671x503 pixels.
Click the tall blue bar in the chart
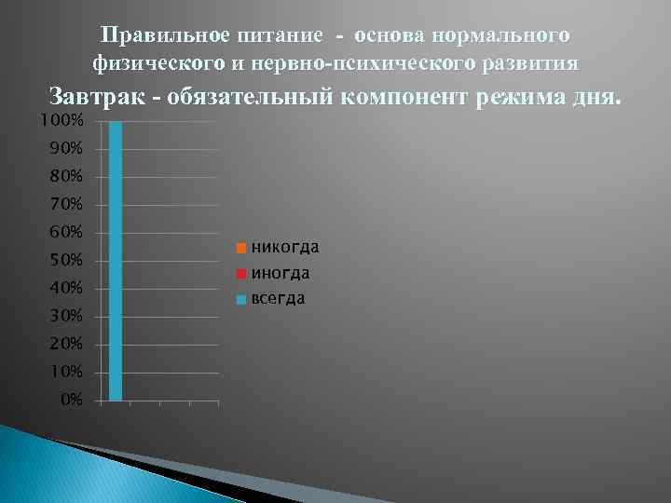click(x=116, y=261)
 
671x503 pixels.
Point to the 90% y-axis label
click(x=65, y=149)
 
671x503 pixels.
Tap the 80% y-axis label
click(x=65, y=177)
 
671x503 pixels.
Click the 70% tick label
click(x=65, y=204)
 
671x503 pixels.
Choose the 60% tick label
click(x=65, y=232)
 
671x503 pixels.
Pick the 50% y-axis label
click(x=65, y=259)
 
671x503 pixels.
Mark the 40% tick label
click(x=65, y=287)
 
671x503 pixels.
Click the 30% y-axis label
click(x=65, y=316)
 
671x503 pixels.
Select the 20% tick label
click(x=65, y=344)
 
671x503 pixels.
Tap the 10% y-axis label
click(x=65, y=372)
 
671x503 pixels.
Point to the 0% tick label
click(x=71, y=400)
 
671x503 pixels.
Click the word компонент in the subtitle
click(x=405, y=97)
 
